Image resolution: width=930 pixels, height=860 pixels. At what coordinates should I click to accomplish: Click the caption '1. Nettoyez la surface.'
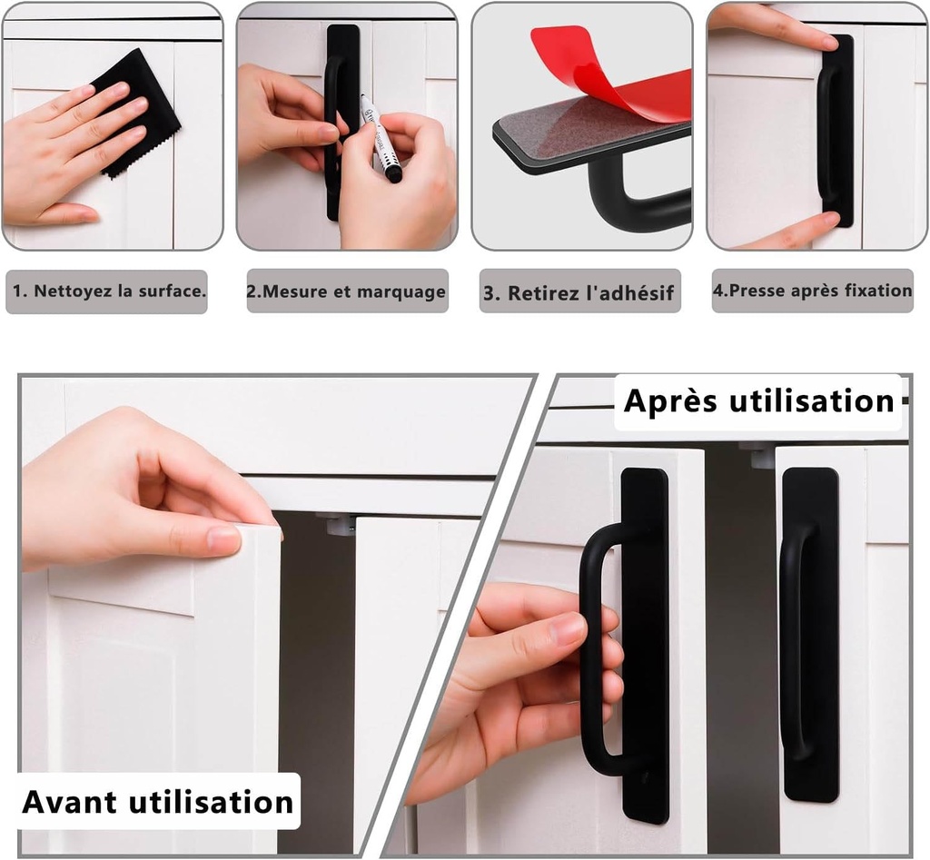tap(107, 292)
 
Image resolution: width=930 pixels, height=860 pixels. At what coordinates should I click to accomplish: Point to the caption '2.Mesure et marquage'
tap(347, 292)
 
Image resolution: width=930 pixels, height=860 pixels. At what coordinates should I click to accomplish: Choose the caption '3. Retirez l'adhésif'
tap(579, 292)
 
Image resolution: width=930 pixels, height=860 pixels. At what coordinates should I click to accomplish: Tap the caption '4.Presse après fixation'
tap(812, 292)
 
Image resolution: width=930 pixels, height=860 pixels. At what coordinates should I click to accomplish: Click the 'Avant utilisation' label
tap(158, 802)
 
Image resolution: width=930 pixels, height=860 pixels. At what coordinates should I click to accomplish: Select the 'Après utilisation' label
tap(759, 400)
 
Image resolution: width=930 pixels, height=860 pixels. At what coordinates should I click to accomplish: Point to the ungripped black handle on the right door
tap(808, 636)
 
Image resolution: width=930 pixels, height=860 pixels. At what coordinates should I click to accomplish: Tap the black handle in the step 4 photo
tap(837, 127)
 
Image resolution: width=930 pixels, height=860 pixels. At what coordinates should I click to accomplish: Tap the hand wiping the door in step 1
tap(64, 154)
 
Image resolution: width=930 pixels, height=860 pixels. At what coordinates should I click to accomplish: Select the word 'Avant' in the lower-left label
tap(71, 802)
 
